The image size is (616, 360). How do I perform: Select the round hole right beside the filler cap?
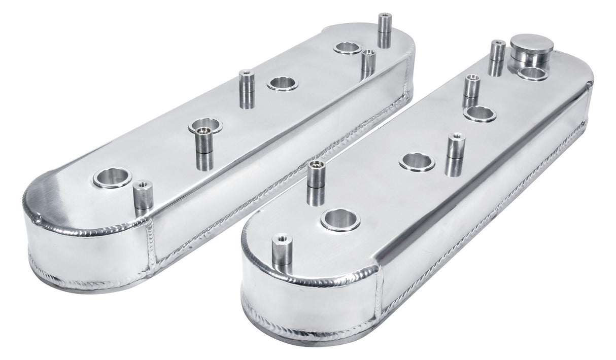tap(532, 74)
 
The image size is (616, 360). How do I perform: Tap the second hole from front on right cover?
tap(417, 162)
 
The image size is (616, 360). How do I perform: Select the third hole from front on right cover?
tap(480, 114)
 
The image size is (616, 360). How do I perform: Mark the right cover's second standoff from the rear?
tap(471, 90)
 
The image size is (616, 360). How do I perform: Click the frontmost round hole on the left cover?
tap(112, 177)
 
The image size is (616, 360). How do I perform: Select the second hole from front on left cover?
tap(205, 125)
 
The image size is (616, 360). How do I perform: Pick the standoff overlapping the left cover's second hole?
tap(205, 147)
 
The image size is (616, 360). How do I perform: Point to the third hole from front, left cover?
tap(282, 84)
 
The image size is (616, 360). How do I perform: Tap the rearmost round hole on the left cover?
tap(347, 48)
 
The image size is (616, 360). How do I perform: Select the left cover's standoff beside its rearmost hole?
tap(368, 63)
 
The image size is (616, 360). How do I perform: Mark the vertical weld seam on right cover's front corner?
tap(379, 295)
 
